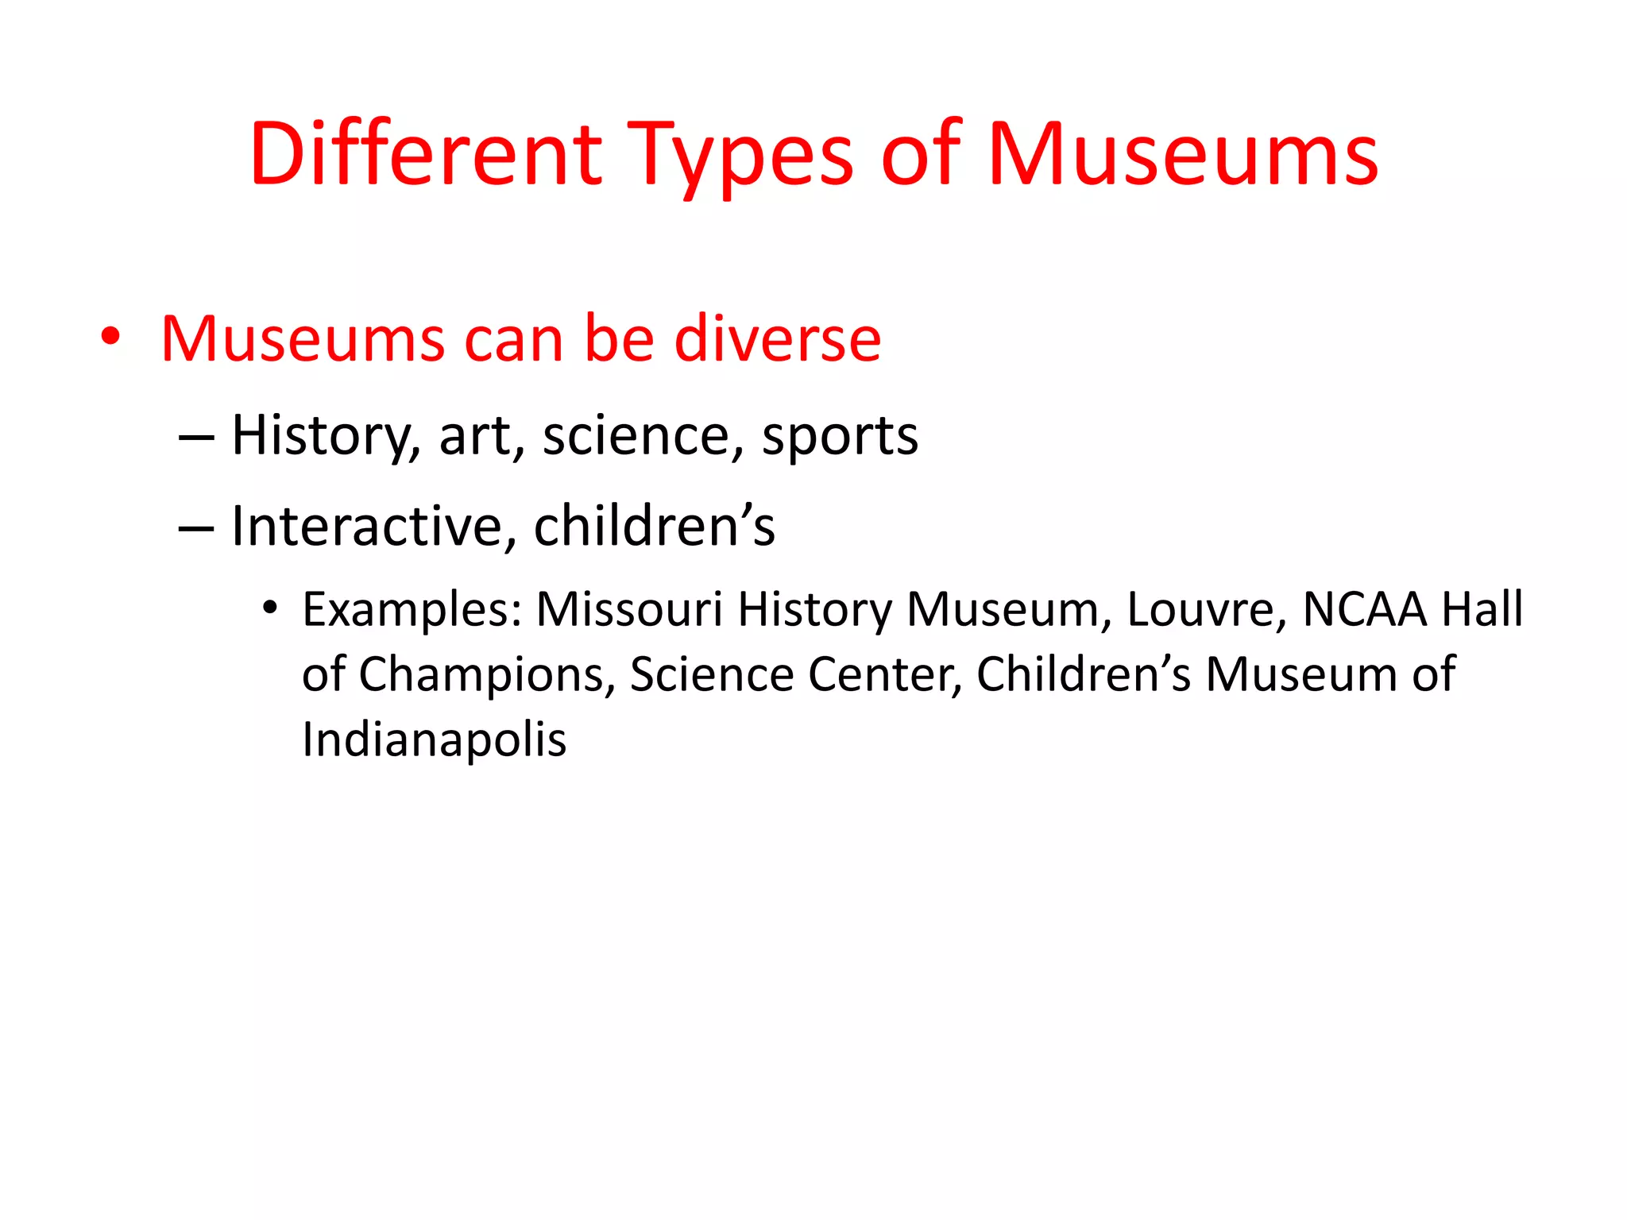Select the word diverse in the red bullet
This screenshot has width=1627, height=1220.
778,339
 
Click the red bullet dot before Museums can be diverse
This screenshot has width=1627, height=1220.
110,337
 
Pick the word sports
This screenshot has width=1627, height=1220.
840,438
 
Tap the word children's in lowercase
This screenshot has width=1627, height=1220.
654,526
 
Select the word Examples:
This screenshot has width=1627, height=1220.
412,610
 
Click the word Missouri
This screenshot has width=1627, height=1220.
629,610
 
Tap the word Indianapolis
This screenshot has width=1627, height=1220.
434,739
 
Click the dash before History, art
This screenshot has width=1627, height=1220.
196,437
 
